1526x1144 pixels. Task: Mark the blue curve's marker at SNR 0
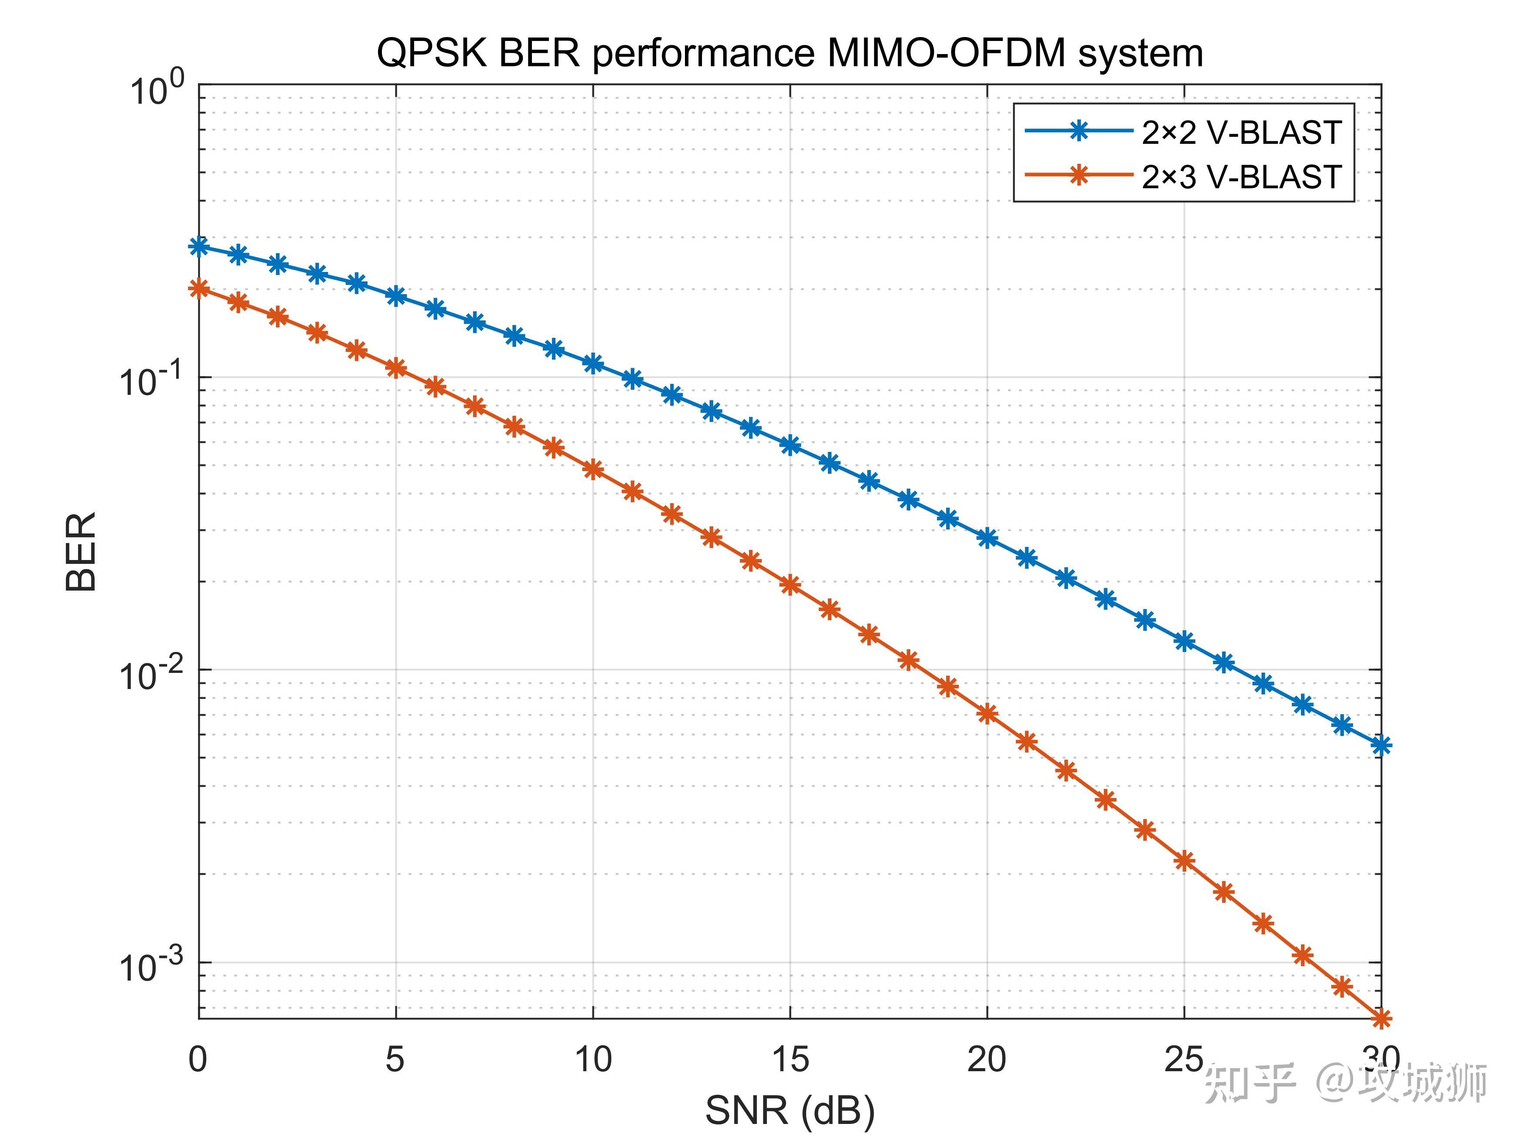click(199, 246)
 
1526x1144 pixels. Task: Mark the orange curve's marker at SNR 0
click(199, 288)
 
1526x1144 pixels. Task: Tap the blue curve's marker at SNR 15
click(790, 445)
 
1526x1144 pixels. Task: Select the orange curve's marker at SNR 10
click(593, 470)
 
